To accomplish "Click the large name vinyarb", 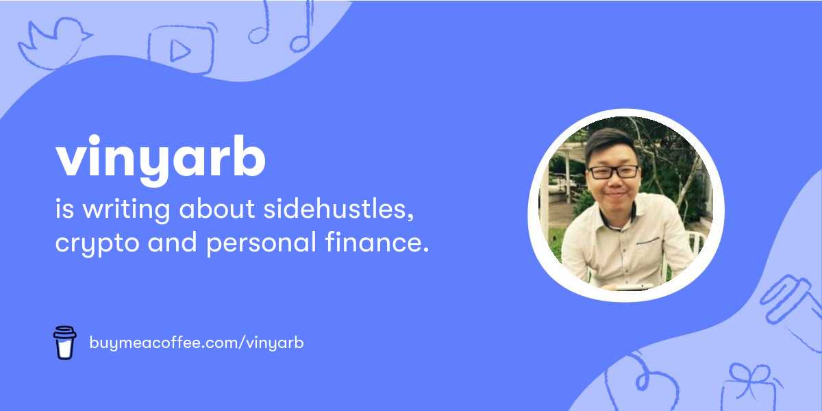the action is tap(161, 160).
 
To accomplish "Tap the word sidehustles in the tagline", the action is tap(338, 209).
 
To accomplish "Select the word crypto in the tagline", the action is tap(97, 243).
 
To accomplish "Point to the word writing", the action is tap(126, 210).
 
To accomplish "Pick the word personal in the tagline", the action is tap(261, 242).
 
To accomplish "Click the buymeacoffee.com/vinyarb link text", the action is tap(197, 342).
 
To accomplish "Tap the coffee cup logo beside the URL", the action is tap(64, 342).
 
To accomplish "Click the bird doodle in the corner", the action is tap(54, 44).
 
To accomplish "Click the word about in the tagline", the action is tap(217, 209).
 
